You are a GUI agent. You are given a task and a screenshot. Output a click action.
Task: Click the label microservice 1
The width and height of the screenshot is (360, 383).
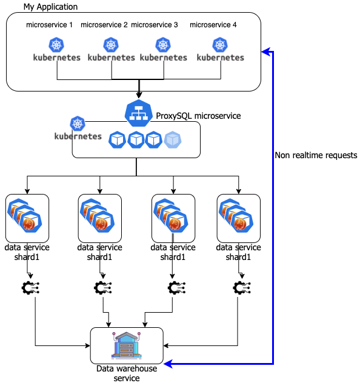click(49, 25)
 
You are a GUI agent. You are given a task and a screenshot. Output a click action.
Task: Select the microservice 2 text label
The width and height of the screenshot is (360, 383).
click(104, 25)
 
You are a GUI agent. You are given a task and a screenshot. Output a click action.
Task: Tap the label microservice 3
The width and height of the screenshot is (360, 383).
click(155, 25)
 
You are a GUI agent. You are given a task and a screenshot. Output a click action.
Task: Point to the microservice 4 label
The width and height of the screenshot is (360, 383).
click(213, 25)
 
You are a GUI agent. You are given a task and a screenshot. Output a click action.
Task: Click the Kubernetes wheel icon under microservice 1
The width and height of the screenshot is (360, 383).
click(56, 44)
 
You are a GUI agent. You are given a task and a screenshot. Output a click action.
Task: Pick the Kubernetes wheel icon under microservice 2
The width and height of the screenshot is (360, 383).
click(111, 44)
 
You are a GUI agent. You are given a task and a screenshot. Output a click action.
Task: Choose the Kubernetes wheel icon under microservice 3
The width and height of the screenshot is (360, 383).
click(163, 44)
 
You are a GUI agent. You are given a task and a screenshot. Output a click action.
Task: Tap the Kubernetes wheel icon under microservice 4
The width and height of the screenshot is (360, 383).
click(220, 44)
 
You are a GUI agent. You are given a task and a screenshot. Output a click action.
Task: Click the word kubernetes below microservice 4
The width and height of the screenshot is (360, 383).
click(221, 58)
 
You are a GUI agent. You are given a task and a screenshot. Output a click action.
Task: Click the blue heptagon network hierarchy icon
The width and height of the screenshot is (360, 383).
click(139, 113)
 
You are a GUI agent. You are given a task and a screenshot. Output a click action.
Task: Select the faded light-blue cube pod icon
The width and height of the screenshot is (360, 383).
click(173, 139)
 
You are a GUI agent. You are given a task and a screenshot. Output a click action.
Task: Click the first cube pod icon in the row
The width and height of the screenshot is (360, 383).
click(117, 139)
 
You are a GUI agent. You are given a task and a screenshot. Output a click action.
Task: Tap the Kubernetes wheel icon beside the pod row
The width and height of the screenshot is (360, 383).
click(78, 124)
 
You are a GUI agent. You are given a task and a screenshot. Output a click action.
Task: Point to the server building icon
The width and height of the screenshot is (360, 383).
click(127, 345)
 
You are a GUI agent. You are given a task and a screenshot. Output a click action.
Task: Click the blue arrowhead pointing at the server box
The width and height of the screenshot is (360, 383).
click(168, 364)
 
